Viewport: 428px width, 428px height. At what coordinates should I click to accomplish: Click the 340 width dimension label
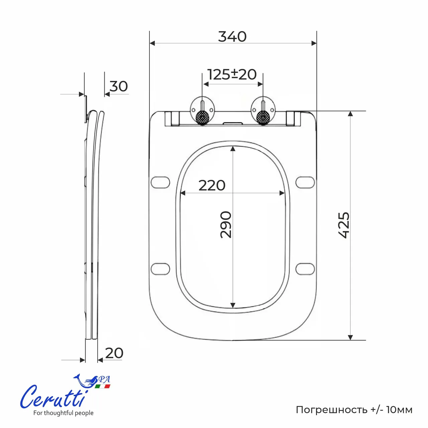[232, 36]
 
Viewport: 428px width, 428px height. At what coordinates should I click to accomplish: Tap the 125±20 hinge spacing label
[232, 74]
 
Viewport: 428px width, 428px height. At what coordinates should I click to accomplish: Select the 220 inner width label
[212, 185]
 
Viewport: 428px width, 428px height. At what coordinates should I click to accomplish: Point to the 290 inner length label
[226, 224]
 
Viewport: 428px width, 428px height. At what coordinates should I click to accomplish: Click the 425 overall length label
[344, 225]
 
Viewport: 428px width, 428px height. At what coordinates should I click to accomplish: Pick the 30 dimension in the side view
[119, 86]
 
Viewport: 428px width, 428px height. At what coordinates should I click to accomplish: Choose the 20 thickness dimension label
[114, 353]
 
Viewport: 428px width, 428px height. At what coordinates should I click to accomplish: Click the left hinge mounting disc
[202, 110]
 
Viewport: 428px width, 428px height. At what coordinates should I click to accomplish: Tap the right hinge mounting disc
[263, 110]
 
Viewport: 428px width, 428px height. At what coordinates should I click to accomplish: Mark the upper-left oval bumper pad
[160, 183]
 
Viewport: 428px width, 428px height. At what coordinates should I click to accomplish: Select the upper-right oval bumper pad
[305, 183]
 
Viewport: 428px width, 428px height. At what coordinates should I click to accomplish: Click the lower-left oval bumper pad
[160, 269]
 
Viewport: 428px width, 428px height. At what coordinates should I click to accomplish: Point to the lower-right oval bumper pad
[305, 269]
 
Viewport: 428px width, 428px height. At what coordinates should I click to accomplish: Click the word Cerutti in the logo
[52, 397]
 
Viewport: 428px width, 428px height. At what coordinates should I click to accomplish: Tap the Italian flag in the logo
[102, 386]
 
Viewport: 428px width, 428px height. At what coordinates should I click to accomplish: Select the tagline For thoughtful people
[63, 413]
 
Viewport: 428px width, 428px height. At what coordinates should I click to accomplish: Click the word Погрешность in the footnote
[331, 410]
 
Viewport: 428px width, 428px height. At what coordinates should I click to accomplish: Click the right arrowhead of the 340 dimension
[314, 43]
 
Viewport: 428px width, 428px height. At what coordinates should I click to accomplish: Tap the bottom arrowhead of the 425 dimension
[350, 337]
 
